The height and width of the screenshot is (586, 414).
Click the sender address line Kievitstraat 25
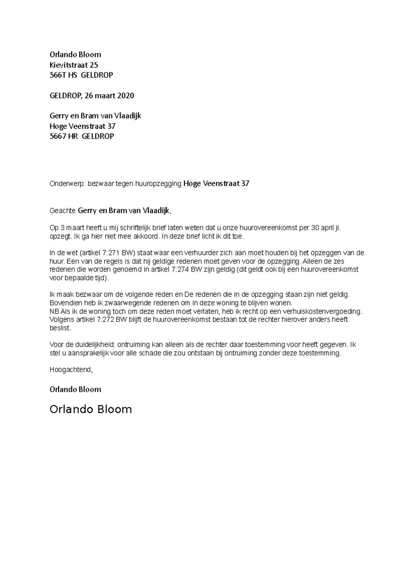tap(74, 65)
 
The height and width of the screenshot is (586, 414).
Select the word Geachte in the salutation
tap(62, 211)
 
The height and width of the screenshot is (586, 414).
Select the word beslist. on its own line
tap(60, 328)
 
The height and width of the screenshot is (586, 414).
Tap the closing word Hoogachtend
tap(71, 370)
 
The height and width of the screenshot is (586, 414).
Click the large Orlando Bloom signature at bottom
tap(91, 409)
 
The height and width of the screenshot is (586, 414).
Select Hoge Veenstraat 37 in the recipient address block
tap(82, 126)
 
